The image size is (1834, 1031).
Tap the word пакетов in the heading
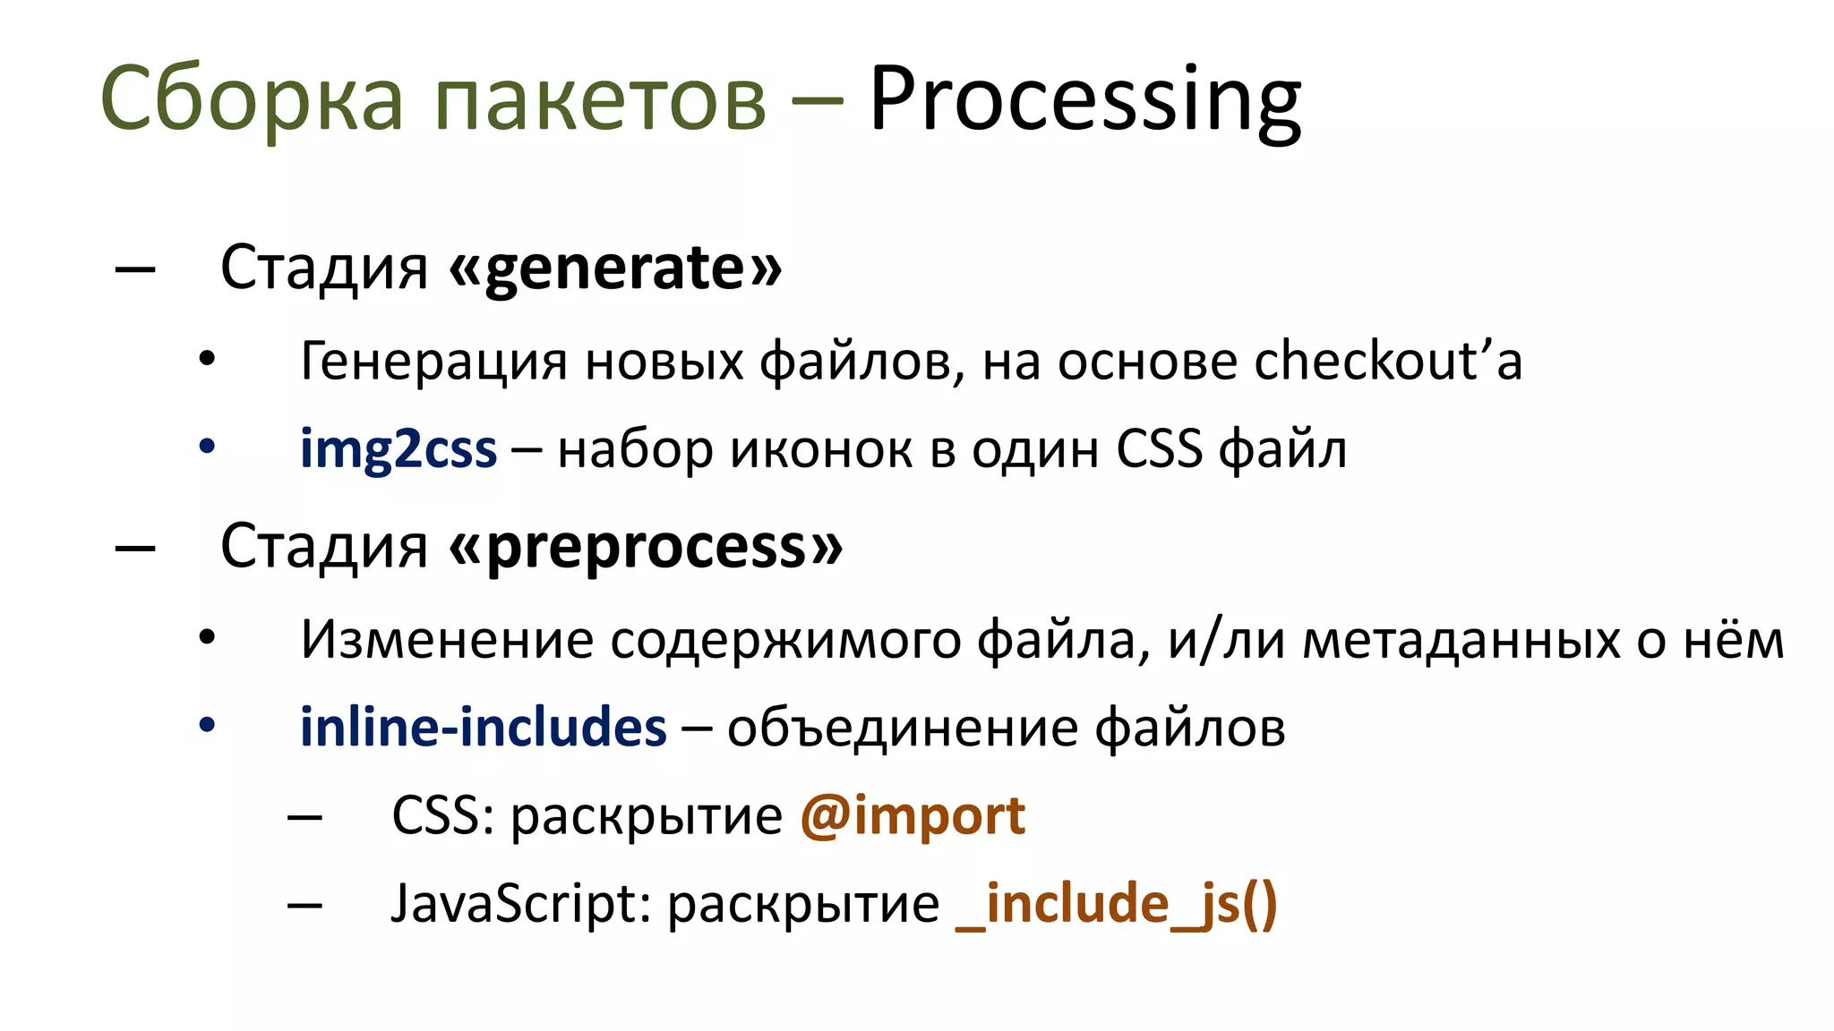pyautogui.click(x=600, y=100)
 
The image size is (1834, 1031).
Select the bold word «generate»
pyautogui.click(x=615, y=268)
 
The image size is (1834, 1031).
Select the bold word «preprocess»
pyautogui.click(x=646, y=547)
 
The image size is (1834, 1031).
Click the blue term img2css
pyautogui.click(x=398, y=449)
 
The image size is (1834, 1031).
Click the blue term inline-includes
pyautogui.click(x=483, y=727)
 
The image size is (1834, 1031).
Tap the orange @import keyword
pyautogui.click(x=912, y=815)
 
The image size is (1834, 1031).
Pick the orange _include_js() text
pyautogui.click(x=1116, y=903)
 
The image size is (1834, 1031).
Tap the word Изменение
pyautogui.click(x=447, y=641)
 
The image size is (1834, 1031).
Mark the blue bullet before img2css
pyautogui.click(x=207, y=447)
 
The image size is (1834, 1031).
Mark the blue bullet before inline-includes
pyautogui.click(x=207, y=725)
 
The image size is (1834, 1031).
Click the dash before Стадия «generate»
pyautogui.click(x=135, y=268)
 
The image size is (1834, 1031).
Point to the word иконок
pyautogui.click(x=821, y=449)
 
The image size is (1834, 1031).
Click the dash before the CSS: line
pyautogui.click(x=304, y=816)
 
